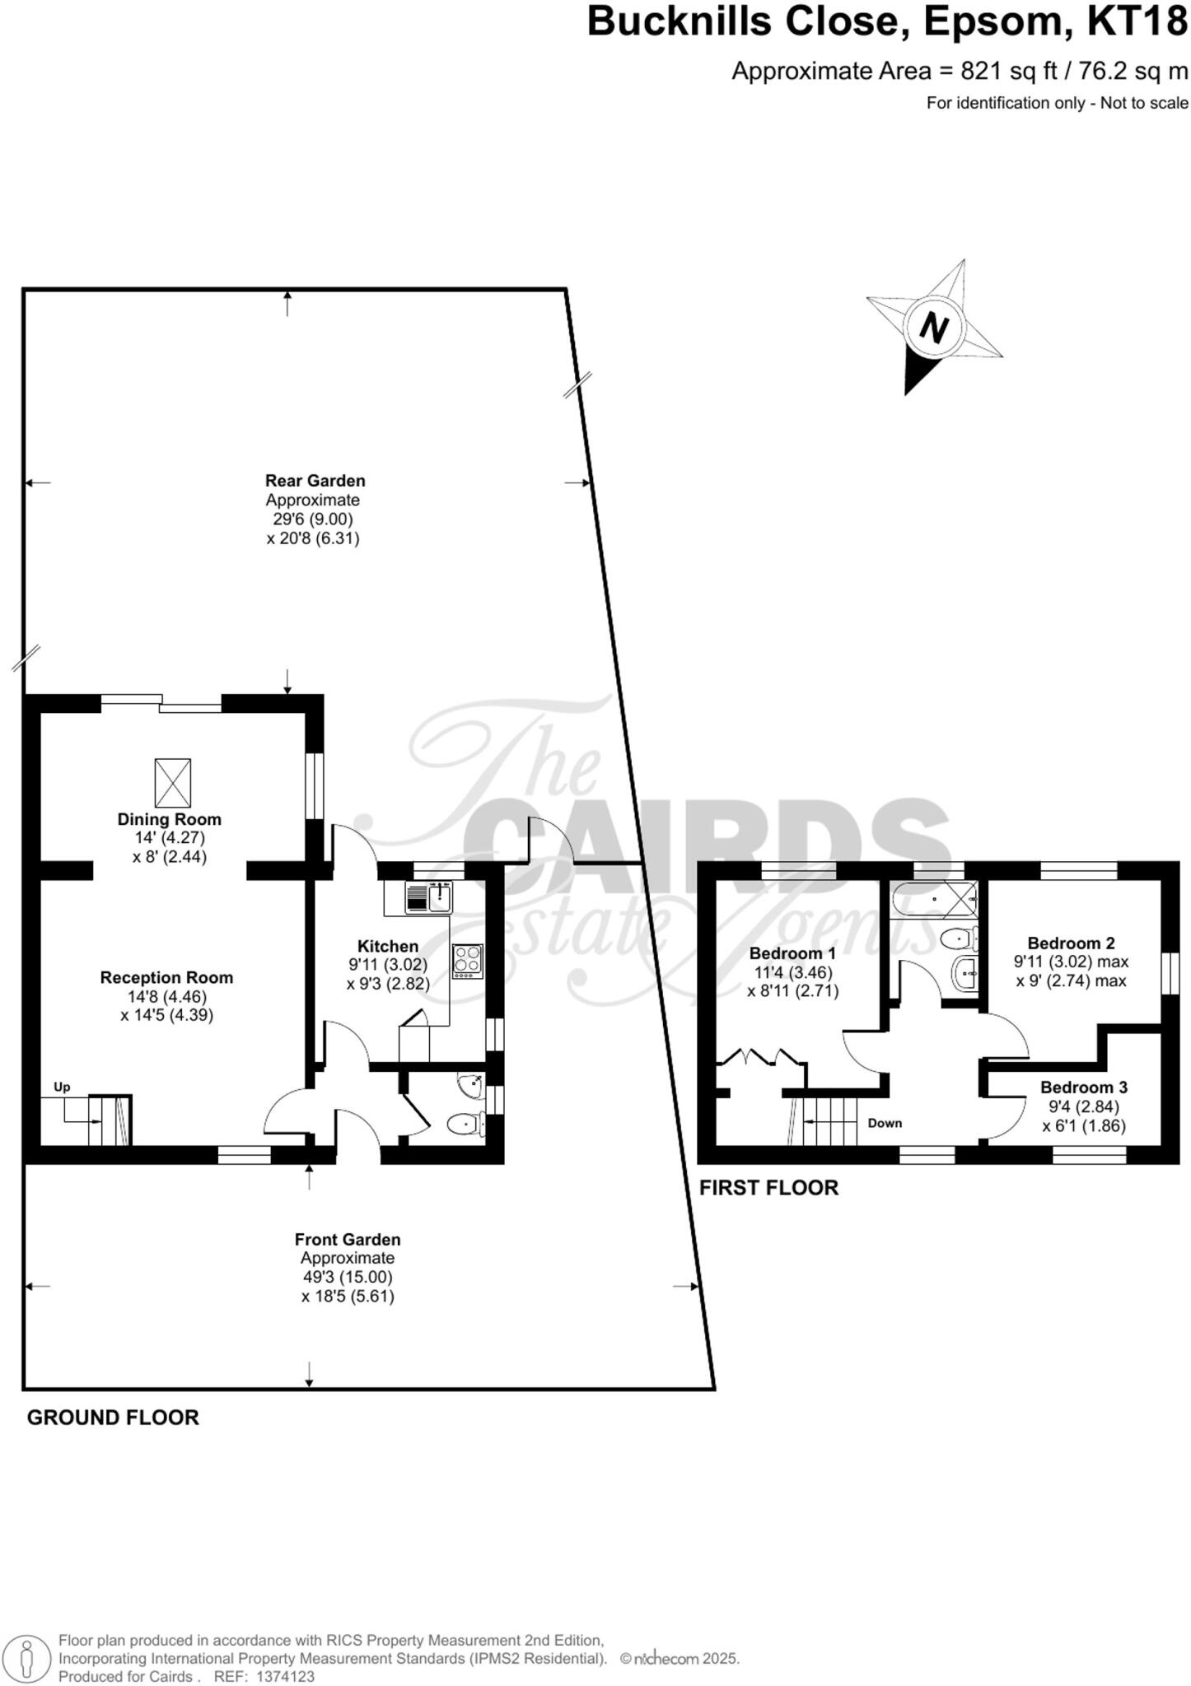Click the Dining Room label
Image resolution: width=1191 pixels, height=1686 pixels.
point(169,819)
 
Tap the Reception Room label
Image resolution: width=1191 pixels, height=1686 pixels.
point(166,977)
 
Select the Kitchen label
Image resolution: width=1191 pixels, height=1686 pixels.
point(388,946)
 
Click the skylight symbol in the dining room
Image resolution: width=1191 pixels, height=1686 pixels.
point(173,783)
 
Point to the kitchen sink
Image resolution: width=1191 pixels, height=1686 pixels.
point(428,897)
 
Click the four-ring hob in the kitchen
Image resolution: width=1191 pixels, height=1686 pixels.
point(467,961)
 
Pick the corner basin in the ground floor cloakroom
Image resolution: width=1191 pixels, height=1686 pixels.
point(472,1087)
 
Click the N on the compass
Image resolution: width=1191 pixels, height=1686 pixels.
point(933,328)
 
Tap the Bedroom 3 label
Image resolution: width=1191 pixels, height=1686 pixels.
point(1083,1088)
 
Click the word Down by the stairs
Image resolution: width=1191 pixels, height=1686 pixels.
point(885,1123)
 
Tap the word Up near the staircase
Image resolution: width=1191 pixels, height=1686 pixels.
point(62,1087)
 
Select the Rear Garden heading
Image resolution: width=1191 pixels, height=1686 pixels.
point(315,480)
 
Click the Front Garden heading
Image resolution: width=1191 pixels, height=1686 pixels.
point(348,1239)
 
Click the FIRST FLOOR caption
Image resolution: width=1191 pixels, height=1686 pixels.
point(768,1187)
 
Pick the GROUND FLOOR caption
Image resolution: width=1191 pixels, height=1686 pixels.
point(113,1417)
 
